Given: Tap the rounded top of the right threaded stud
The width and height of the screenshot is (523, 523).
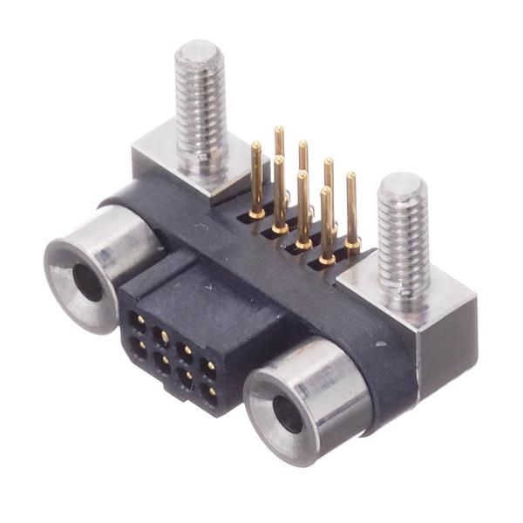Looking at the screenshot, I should (x=403, y=187).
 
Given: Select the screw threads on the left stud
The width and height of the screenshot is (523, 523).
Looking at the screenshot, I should (x=200, y=113).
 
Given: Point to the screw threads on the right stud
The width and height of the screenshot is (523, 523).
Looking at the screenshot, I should (x=402, y=244).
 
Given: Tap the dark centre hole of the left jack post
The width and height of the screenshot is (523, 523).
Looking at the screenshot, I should (x=86, y=282).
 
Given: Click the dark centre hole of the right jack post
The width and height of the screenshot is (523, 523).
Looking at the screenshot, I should (x=287, y=415).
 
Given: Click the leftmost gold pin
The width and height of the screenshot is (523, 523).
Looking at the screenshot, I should (x=256, y=179).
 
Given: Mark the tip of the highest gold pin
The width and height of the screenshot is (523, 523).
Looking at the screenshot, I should (x=279, y=131).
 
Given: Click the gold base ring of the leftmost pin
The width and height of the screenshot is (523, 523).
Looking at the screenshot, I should (x=256, y=213).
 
